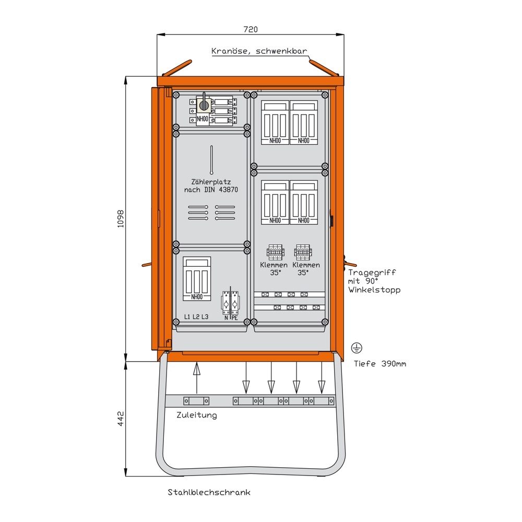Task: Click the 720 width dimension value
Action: (251, 29)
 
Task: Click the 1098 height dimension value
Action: (120, 219)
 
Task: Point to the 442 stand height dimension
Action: (120, 419)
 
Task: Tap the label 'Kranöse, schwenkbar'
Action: (259, 51)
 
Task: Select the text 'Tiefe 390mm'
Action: (380, 363)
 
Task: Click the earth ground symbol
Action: (357, 348)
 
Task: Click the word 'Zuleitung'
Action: (196, 415)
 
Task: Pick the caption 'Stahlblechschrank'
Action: (209, 492)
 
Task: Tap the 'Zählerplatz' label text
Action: (211, 182)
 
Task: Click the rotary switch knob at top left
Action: (204, 105)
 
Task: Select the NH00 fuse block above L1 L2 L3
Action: (197, 279)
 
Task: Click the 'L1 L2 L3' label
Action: (196, 317)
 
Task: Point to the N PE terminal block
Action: (230, 302)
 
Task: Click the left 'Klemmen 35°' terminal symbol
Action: (275, 252)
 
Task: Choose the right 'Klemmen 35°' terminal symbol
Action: (303, 252)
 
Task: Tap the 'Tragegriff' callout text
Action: (372, 272)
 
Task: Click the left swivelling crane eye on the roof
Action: (177, 68)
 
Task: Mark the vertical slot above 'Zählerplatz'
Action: (211, 160)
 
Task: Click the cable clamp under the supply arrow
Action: (196, 401)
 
